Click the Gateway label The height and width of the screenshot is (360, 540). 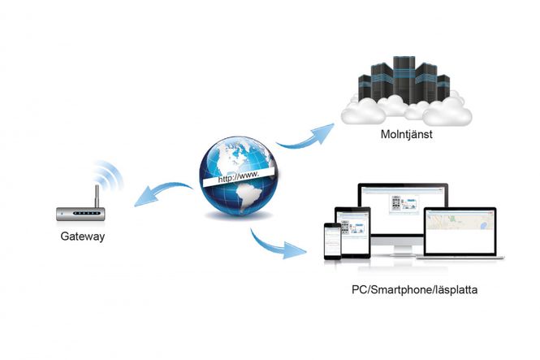[x=82, y=237]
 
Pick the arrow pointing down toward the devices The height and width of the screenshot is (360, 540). [x=280, y=244]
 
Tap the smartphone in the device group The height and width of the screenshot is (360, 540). [x=332, y=240]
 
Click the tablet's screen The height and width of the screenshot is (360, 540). [x=354, y=232]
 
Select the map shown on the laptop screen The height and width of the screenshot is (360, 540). [x=460, y=220]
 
